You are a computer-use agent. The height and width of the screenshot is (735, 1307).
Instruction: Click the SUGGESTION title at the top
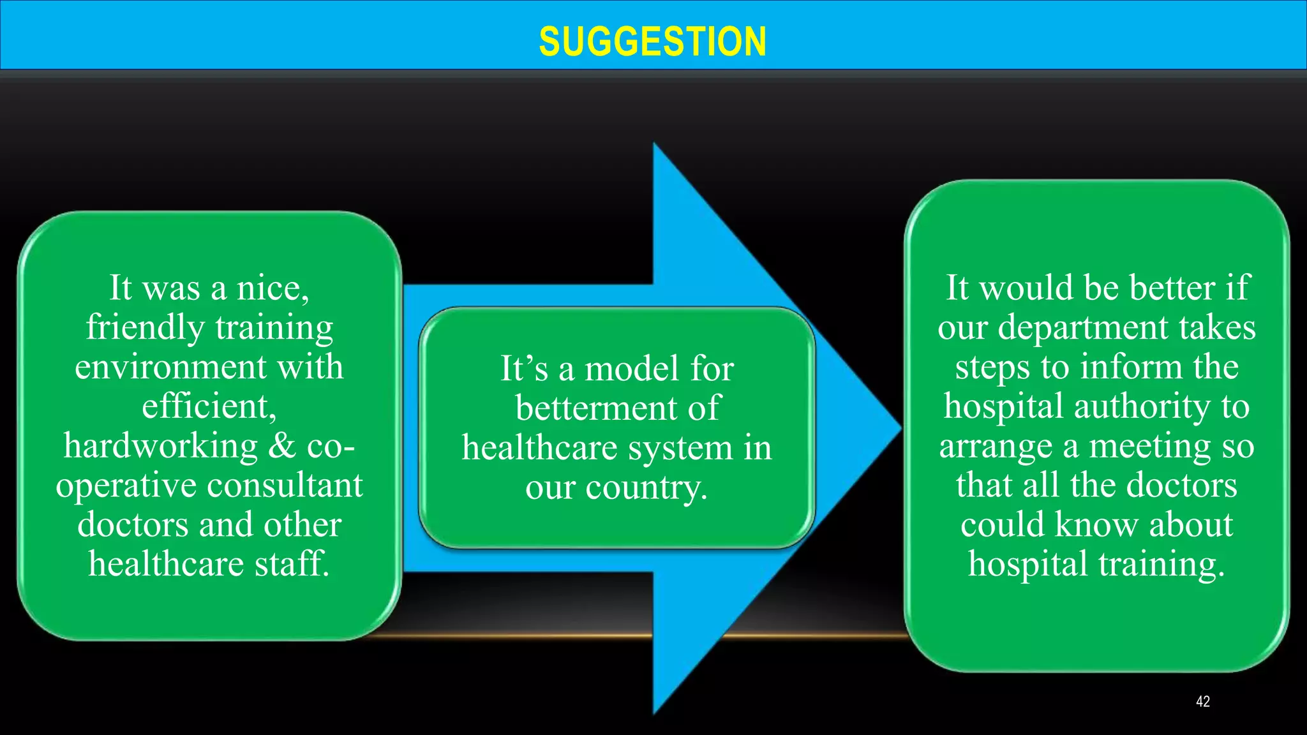(652, 42)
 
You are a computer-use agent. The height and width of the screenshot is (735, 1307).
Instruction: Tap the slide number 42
(1202, 702)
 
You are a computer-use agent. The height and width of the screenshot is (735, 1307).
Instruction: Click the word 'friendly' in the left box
(145, 327)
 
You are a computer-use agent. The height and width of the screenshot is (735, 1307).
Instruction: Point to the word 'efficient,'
(209, 406)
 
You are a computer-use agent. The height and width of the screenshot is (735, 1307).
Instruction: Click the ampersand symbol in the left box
(282, 445)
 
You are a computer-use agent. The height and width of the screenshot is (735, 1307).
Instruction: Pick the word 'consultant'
(285, 486)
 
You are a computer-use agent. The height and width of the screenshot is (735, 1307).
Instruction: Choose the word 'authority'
(1142, 406)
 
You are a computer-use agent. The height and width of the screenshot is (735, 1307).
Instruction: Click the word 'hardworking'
(161, 446)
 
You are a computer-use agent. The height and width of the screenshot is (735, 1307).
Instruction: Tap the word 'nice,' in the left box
(273, 288)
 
